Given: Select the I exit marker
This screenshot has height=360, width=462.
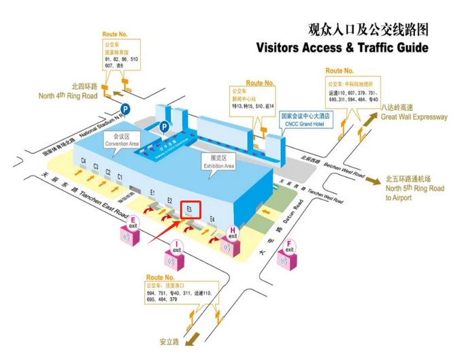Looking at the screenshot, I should (x=176, y=246).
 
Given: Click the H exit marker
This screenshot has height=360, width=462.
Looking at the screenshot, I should (x=233, y=233).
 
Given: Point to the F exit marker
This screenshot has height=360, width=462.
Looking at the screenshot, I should (x=290, y=246).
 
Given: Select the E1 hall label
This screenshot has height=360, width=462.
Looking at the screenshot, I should (x=153, y=193).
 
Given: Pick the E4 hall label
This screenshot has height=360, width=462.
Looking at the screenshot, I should (x=213, y=219).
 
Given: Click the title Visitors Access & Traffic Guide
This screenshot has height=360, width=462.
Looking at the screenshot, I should (x=342, y=48).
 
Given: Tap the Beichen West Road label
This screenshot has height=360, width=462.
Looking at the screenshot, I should (x=344, y=170).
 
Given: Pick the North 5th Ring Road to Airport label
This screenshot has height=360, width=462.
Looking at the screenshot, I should (x=414, y=189).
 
